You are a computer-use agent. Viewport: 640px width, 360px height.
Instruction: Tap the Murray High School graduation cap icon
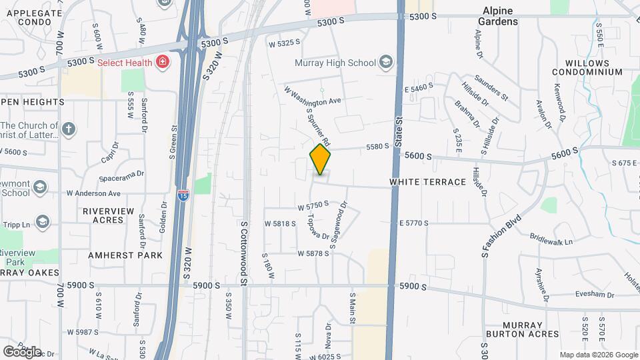385,63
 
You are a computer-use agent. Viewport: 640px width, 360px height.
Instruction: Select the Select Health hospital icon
162,63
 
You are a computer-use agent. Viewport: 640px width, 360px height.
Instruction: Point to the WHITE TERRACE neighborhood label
427,182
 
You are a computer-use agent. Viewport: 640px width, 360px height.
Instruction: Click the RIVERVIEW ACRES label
104,215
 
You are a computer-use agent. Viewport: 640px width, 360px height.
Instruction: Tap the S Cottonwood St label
244,254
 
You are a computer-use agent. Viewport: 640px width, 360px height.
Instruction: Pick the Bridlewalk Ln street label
551,237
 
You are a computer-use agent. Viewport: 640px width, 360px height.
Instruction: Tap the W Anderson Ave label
93,193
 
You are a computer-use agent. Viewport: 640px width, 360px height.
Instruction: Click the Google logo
22,351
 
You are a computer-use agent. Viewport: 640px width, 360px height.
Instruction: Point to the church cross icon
69,129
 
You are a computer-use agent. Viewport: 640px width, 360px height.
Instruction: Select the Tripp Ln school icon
42,221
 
